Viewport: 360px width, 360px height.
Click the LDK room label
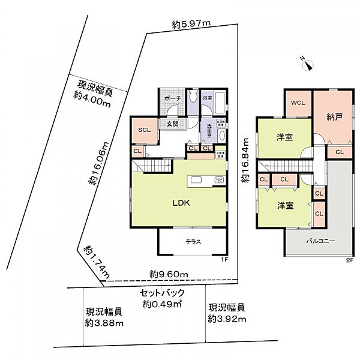click(182, 203)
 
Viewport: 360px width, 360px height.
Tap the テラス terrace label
click(192, 242)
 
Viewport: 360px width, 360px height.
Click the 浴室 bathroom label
click(208, 97)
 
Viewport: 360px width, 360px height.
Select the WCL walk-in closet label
click(298, 103)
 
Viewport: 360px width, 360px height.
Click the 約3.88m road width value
click(104, 323)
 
